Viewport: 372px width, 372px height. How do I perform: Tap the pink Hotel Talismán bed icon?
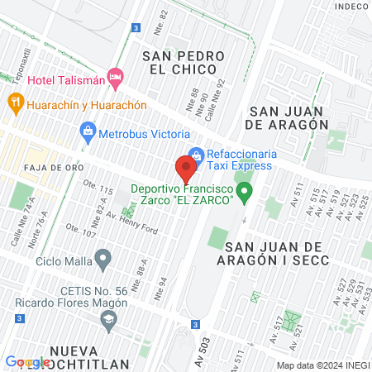[x=117, y=79]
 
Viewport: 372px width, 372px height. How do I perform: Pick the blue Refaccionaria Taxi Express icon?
[x=196, y=154]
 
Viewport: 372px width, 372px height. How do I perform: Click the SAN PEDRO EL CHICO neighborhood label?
[x=184, y=63]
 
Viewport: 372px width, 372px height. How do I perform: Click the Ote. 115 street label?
[x=100, y=191]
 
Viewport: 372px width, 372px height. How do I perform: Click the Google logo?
[x=27, y=362]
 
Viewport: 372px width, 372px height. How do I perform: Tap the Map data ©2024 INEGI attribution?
[x=322, y=365]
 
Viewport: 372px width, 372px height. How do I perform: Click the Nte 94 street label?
[x=163, y=285]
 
